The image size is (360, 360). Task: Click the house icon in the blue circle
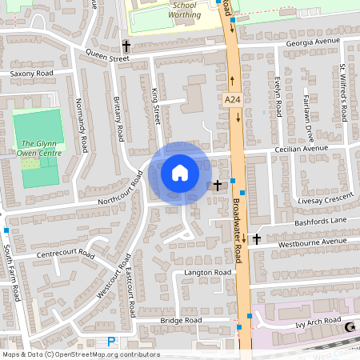click(x=180, y=173)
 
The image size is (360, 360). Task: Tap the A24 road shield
click(x=232, y=99)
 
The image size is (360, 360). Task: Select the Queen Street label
click(x=107, y=58)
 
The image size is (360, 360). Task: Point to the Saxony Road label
click(x=31, y=73)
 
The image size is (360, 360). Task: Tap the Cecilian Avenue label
click(x=302, y=148)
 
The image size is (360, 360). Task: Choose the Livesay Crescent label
click(x=324, y=196)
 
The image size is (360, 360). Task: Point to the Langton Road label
click(x=207, y=272)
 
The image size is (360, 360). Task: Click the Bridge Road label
click(x=182, y=320)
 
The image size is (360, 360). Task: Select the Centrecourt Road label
click(x=66, y=256)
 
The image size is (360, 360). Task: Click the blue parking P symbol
click(x=111, y=342)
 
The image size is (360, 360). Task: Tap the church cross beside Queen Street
click(x=126, y=46)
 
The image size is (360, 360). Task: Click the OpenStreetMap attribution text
click(x=81, y=354)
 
